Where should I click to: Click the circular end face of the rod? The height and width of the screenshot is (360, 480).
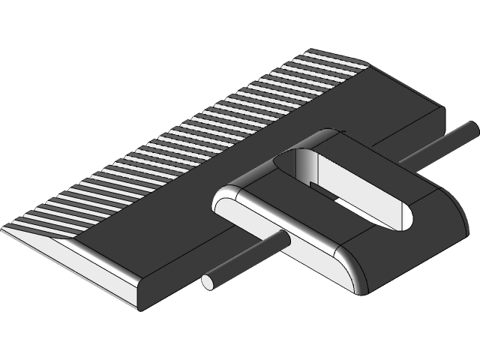(x=208, y=282)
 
